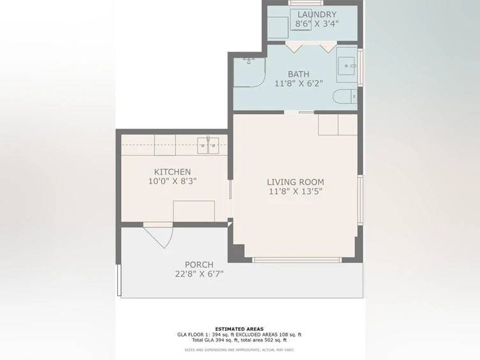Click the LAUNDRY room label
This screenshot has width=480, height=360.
[x=317, y=15]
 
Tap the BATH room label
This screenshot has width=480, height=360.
[x=298, y=74]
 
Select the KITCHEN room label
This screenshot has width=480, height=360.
[x=172, y=172]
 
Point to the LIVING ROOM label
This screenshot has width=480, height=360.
[x=295, y=182]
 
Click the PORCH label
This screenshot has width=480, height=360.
[x=199, y=264]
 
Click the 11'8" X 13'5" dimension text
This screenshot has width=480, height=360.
[x=295, y=192]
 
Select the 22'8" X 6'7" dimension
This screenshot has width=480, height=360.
[x=199, y=274]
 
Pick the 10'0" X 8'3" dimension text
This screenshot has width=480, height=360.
[x=172, y=181]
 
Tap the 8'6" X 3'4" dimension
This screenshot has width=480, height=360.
[x=317, y=24]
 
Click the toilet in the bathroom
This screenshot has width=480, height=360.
[x=345, y=97]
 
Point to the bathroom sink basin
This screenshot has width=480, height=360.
[x=346, y=66]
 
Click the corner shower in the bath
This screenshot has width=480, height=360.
[x=249, y=72]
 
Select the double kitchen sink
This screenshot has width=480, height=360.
[x=208, y=145]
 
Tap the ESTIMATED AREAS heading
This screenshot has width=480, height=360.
[x=240, y=329]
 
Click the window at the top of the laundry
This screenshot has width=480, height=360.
[x=305, y=3]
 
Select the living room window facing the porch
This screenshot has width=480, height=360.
[x=296, y=260]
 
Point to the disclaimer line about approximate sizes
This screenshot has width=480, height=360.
[x=239, y=350]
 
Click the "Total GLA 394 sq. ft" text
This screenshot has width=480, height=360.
[x=215, y=340]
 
